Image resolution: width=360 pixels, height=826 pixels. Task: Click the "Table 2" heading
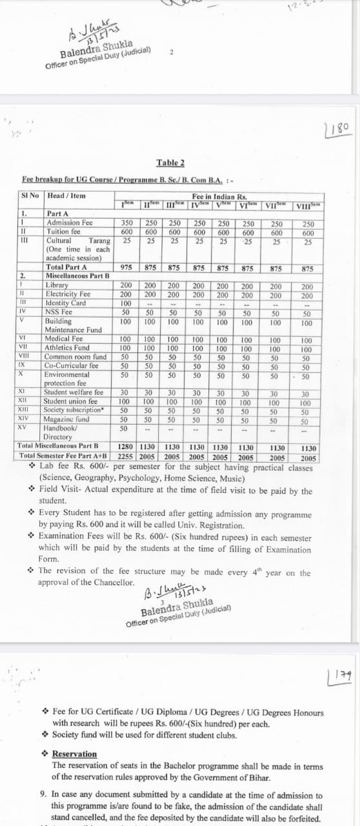point(170,163)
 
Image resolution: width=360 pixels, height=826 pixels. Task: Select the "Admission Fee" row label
point(70,223)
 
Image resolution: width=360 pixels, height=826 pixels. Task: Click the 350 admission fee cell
point(127,223)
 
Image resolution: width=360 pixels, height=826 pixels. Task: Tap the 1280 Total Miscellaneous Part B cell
point(127,446)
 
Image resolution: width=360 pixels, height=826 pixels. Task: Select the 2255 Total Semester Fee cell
point(127,456)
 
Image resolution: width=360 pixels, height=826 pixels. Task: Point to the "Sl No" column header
point(31,196)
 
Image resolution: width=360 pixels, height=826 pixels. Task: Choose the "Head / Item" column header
point(66,196)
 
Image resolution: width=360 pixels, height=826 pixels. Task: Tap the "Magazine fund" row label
point(66,419)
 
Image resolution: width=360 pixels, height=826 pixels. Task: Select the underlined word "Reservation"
point(74,754)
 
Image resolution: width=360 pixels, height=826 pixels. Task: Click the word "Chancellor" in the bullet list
point(114,582)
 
